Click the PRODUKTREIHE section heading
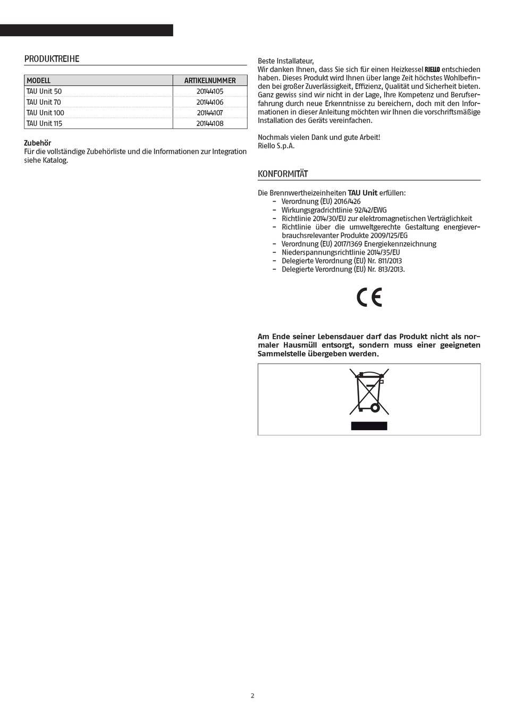(x=52, y=59)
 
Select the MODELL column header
(x=39, y=81)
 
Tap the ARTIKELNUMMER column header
(x=210, y=81)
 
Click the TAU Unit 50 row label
(x=44, y=91)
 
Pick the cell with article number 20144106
(x=210, y=102)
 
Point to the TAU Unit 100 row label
(x=45, y=113)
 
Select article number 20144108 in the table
(x=210, y=123)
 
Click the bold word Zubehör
(x=38, y=143)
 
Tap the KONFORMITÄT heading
(x=283, y=174)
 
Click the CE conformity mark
(x=369, y=298)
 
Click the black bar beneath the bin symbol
(x=369, y=426)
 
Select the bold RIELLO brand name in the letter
(x=432, y=70)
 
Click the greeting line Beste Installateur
(x=285, y=61)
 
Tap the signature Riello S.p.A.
(x=276, y=146)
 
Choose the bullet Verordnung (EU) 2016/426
(x=321, y=201)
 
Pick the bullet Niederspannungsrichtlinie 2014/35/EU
(x=340, y=253)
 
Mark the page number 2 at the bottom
(x=252, y=695)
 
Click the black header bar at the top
(x=86, y=30)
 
